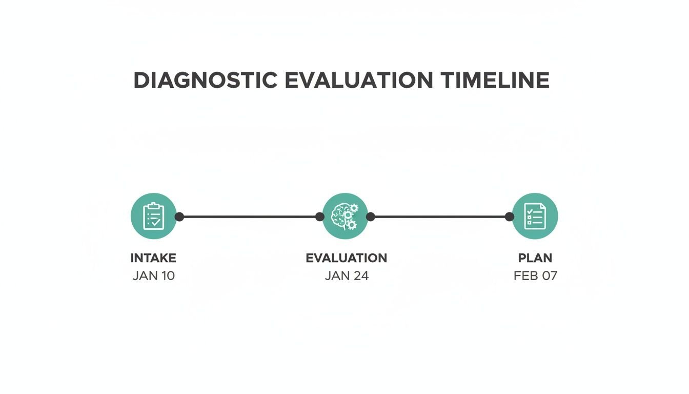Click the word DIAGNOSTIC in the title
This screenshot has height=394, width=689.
tap(205, 81)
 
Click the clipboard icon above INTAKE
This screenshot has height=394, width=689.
tap(153, 216)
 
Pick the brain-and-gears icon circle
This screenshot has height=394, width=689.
tap(345, 216)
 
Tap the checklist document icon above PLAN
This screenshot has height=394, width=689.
tap(535, 216)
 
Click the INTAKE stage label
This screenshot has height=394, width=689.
tap(153, 258)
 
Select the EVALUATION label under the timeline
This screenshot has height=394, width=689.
tap(347, 258)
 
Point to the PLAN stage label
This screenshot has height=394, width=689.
tap(535, 258)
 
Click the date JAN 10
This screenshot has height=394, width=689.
tap(153, 276)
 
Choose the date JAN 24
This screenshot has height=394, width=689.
tap(347, 276)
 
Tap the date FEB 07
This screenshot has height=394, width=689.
tap(535, 276)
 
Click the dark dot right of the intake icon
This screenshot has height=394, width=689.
tap(179, 216)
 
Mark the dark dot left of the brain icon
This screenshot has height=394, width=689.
tap(319, 216)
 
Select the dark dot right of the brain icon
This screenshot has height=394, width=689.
tap(371, 216)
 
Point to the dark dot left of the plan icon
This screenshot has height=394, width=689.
tap(509, 216)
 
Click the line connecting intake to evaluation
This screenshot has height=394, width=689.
tap(249, 216)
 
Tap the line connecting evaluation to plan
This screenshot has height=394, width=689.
tap(440, 216)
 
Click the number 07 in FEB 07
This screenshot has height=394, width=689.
tap(549, 276)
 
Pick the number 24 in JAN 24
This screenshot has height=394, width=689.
tap(360, 276)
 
